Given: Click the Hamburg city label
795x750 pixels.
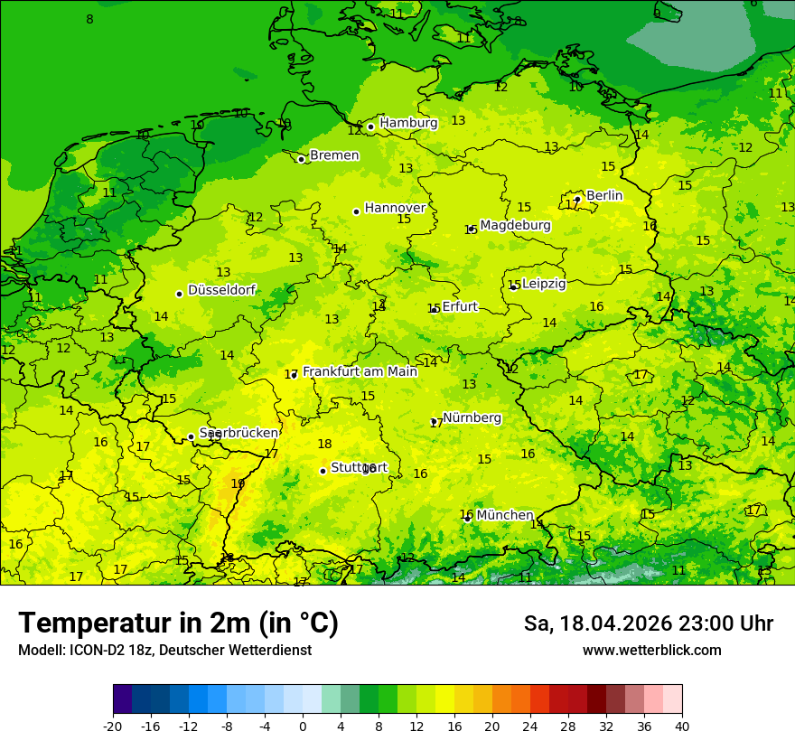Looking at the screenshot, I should pos(408,123).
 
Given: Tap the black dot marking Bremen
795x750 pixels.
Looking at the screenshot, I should pos(301,159).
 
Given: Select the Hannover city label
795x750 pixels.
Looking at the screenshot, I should pos(395,208).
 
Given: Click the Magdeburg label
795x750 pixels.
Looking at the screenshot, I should pos(515,225).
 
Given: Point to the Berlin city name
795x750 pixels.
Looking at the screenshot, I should pos(604,195).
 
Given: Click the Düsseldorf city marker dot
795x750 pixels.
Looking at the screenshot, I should pos(179,294).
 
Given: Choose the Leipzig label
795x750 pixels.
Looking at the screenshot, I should pos(544,284).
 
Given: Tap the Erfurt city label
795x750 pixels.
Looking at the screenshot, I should pos(459,307).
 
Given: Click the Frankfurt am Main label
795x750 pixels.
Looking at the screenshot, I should pos(360,371).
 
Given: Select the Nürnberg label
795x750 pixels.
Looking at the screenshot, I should pos(472,417).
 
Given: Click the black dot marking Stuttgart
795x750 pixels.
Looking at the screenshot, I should pos(323,471).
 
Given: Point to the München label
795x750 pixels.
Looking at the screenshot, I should pos(504,515).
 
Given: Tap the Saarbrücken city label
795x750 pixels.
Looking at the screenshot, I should pos(238,433).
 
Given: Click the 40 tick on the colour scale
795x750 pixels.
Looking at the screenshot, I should pos(682,726).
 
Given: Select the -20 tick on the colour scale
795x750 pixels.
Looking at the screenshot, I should pos(113,726).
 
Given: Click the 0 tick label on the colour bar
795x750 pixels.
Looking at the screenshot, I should pos(303,726).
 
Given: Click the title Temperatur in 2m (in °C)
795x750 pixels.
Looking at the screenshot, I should pos(178,623).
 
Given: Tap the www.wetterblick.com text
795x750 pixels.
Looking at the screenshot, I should pos(651,650).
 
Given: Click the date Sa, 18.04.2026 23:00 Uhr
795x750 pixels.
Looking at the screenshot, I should pos(648,623).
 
